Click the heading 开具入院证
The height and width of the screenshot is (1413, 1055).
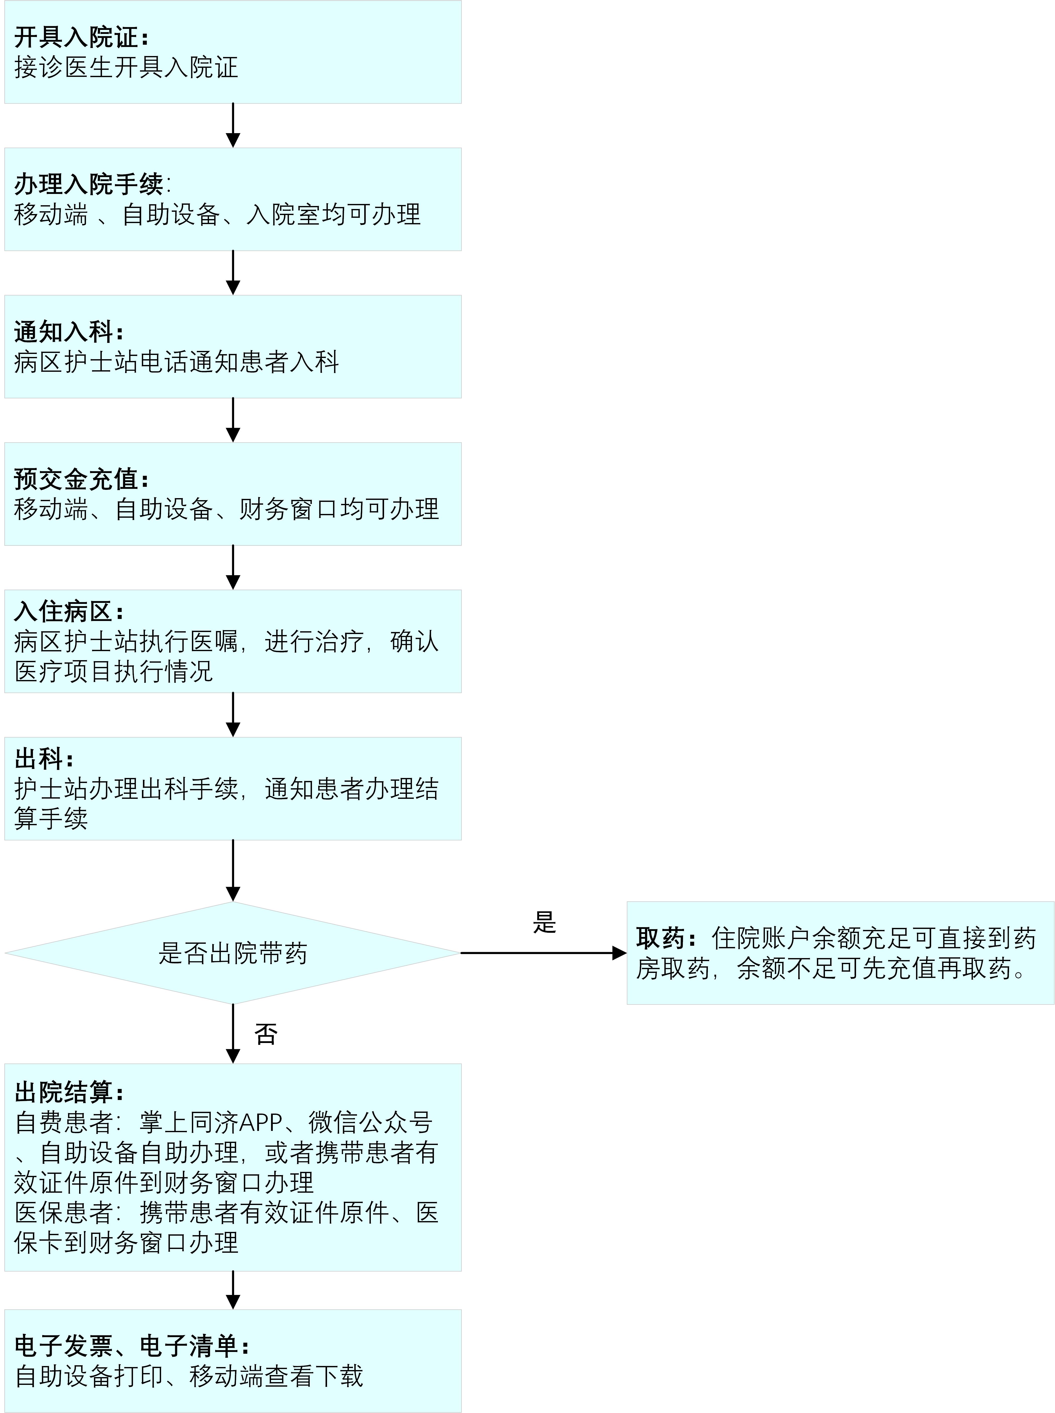[x=77, y=37]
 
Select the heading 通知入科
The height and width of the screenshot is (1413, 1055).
[x=64, y=332]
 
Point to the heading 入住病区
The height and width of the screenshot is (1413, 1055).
[x=64, y=612]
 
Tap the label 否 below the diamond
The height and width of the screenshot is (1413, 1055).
[x=266, y=1034]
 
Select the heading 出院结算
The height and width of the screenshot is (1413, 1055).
[x=64, y=1092]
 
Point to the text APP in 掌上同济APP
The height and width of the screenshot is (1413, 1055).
[x=260, y=1122]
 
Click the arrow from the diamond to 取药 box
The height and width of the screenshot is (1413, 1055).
[x=543, y=953]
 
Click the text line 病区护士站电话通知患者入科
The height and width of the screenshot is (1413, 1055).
[x=176, y=362]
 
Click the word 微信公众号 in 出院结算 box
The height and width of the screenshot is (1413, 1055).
[x=371, y=1122]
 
